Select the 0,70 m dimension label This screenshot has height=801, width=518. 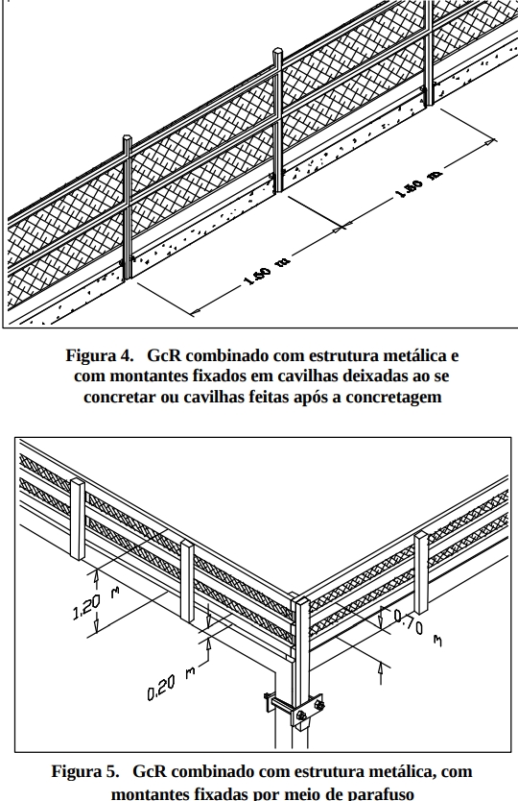click(x=417, y=628)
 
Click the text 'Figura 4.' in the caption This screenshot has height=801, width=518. click(x=99, y=355)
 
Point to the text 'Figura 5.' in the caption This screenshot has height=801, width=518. click(x=84, y=771)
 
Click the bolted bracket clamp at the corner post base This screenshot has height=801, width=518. click(x=295, y=708)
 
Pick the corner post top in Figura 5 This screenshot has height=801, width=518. click(x=301, y=601)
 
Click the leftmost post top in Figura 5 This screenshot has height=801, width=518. click(x=78, y=482)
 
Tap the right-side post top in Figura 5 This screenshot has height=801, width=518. click(x=421, y=535)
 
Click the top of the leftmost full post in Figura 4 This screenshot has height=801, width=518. click(x=127, y=138)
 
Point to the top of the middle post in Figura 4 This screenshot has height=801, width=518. click(x=277, y=51)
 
